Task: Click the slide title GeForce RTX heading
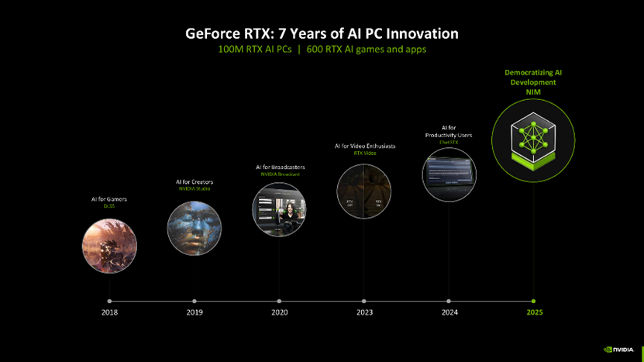[x=322, y=33]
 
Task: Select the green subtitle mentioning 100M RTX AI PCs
[x=322, y=50]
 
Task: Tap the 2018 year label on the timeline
[x=109, y=312]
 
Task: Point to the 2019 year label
[x=195, y=312]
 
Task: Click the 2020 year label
[x=280, y=312]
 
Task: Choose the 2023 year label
[x=364, y=312]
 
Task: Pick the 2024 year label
[x=449, y=312]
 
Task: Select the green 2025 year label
[x=534, y=312]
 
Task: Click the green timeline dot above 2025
[x=534, y=301]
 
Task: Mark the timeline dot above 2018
[x=109, y=301]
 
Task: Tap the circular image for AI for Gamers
[x=109, y=246]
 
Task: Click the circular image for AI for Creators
[x=194, y=228]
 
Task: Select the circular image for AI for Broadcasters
[x=279, y=209]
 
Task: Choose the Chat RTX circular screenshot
[x=449, y=174]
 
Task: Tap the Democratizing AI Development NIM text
[x=533, y=82]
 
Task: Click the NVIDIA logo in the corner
[x=619, y=350]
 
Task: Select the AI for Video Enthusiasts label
[x=364, y=147]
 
